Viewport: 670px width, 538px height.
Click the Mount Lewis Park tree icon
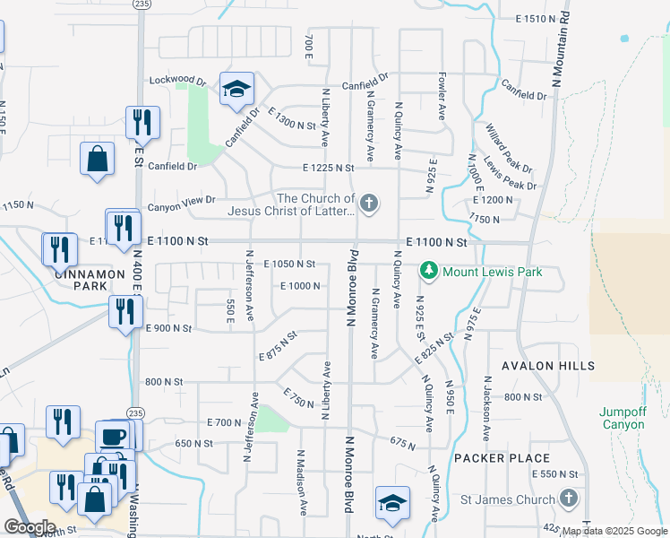point(429,270)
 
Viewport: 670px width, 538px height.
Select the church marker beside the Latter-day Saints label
point(368,204)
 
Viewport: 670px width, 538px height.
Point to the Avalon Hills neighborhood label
point(548,366)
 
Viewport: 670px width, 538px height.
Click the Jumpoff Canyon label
point(622,418)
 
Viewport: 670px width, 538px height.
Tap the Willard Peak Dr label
point(508,149)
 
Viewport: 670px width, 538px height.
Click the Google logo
point(29,527)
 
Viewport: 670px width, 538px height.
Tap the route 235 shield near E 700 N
point(134,412)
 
